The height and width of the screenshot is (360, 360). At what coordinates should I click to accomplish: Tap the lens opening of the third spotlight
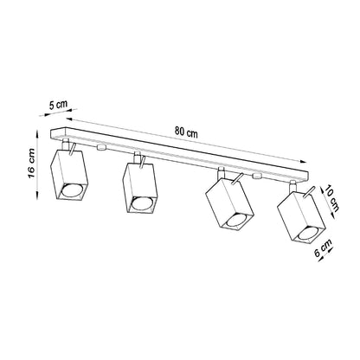coord(235,223)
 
